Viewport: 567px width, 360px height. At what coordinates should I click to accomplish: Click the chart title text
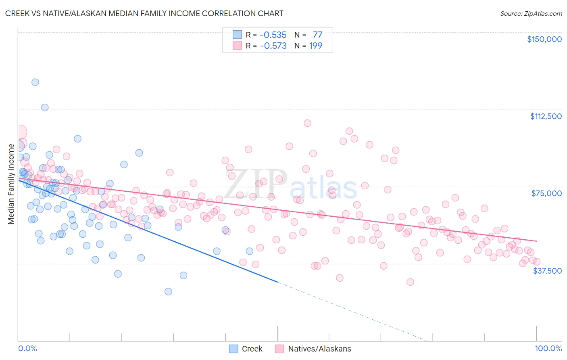pyautogui.click(x=144, y=13)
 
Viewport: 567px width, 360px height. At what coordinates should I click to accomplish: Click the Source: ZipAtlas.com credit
pyautogui.click(x=531, y=13)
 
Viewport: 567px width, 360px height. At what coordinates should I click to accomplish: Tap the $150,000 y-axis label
pyautogui.click(x=544, y=39)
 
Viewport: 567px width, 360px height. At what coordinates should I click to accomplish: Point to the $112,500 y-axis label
pyautogui.click(x=546, y=116)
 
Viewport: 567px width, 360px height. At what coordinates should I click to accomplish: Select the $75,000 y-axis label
pyautogui.click(x=546, y=193)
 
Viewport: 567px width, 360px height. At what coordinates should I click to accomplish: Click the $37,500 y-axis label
pyautogui.click(x=547, y=271)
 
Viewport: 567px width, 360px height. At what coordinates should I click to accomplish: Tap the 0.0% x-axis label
pyautogui.click(x=27, y=348)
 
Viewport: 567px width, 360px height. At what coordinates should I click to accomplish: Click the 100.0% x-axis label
pyautogui.click(x=548, y=348)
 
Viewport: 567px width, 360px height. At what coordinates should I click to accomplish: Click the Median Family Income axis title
pyautogui.click(x=11, y=184)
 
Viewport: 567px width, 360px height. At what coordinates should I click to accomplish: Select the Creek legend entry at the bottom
pyautogui.click(x=252, y=349)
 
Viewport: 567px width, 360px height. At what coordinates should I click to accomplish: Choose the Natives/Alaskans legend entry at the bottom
pyautogui.click(x=319, y=349)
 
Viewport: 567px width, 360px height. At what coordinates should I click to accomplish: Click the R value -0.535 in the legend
pyautogui.click(x=273, y=35)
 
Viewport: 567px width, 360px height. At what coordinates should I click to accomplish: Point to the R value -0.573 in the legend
pyautogui.click(x=273, y=46)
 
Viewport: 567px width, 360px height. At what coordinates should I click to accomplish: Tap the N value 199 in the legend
pyautogui.click(x=315, y=46)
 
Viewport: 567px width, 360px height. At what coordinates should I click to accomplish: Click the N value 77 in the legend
pyautogui.click(x=317, y=35)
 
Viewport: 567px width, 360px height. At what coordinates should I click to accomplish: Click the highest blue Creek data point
pyautogui.click(x=35, y=82)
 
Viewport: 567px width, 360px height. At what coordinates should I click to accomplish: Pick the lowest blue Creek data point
pyautogui.click(x=168, y=291)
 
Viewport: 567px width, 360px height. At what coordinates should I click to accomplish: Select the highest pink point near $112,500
pyautogui.click(x=307, y=123)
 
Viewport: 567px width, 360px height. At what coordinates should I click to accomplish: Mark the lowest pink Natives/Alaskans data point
pyautogui.click(x=410, y=282)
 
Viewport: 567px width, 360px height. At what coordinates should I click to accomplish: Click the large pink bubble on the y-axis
pyautogui.click(x=19, y=132)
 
